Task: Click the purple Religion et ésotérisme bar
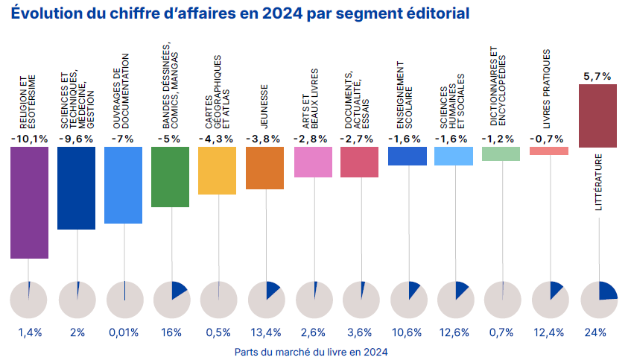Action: [30, 202]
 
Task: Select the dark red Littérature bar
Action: [597, 116]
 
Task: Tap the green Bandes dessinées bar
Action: [170, 177]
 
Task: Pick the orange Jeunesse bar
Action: [264, 168]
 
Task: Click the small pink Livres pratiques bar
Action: [549, 151]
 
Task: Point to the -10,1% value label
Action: [30, 139]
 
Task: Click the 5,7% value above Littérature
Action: [597, 76]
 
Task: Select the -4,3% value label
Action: [217, 139]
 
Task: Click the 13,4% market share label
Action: [265, 332]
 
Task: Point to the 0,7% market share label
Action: [501, 332]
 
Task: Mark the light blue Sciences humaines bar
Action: [454, 155]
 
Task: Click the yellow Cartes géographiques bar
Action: [217, 171]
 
